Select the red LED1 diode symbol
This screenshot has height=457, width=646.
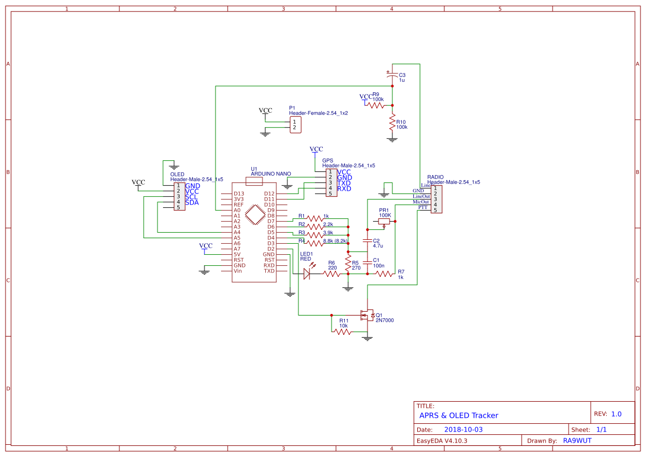coord(307,274)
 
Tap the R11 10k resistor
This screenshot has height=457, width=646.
coord(343,332)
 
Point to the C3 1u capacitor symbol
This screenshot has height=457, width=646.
coord(392,77)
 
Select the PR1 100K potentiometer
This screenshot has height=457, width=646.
coord(384,221)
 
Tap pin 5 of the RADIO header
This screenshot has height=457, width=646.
coord(435,210)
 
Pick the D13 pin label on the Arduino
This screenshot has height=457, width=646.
coord(239,193)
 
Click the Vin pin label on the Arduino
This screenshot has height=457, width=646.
coord(238,271)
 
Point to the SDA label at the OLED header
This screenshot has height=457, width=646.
coord(192,202)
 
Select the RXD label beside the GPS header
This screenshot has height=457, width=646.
coord(344,189)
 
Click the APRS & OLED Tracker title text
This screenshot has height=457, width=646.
coord(459,415)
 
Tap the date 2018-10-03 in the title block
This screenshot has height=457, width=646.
coord(463,429)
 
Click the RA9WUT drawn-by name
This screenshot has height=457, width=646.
coord(577,440)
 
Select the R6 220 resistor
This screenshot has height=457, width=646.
coord(332,274)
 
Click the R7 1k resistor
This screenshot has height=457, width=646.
coord(384,274)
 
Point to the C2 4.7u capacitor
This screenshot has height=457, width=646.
coord(366,241)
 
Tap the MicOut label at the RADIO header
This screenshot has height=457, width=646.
coord(421,202)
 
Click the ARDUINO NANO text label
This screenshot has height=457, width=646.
coord(271,174)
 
